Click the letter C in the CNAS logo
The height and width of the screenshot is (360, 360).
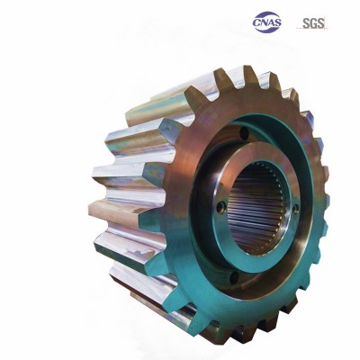(256, 22)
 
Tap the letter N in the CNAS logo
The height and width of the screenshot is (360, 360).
(265, 22)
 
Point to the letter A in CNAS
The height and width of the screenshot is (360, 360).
(272, 22)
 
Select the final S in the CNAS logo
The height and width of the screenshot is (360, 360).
(278, 22)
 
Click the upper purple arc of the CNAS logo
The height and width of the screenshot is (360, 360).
(266, 14)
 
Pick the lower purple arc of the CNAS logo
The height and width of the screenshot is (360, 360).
(267, 30)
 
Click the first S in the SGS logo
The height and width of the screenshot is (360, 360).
(306, 23)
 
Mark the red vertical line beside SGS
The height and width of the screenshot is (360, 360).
(325, 23)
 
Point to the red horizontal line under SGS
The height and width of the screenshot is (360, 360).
(312, 29)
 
